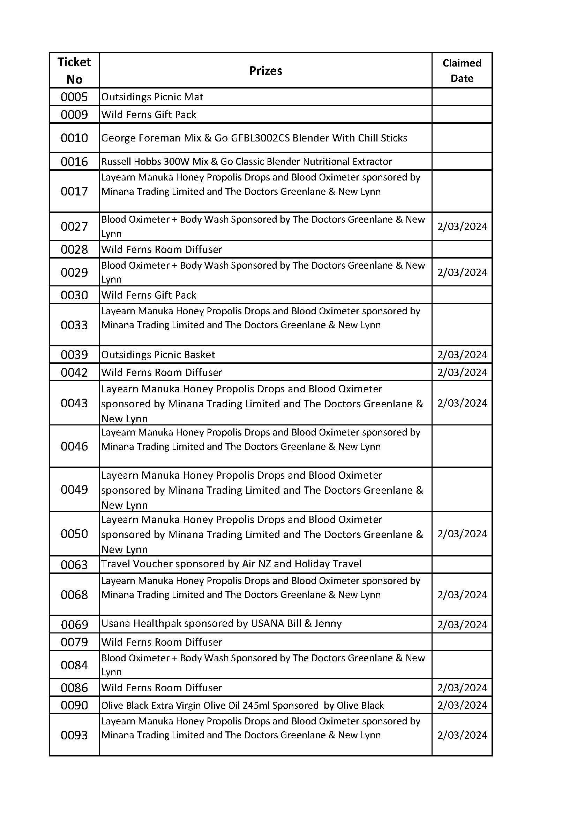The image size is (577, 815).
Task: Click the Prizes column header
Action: pyautogui.click(x=265, y=71)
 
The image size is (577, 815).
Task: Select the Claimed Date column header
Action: pyautogui.click(x=462, y=71)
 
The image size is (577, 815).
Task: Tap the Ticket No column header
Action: pyautogui.click(x=74, y=71)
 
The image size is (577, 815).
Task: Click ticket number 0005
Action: pyautogui.click(x=74, y=97)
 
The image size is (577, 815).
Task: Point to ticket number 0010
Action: pyautogui.click(x=74, y=138)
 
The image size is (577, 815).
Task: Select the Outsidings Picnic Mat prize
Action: pyautogui.click(x=152, y=97)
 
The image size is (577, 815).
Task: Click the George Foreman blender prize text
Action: pyautogui.click(x=254, y=138)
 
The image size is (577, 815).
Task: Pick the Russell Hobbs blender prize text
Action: pyautogui.click(x=247, y=162)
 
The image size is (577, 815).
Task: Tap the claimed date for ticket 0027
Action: pyautogui.click(x=462, y=226)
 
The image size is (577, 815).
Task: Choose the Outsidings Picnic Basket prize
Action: pyautogui.click(x=158, y=355)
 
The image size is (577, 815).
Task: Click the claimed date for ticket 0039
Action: pyautogui.click(x=462, y=355)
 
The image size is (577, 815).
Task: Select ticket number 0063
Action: pyautogui.click(x=74, y=565)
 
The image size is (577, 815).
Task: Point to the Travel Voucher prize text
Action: pyautogui.click(x=231, y=564)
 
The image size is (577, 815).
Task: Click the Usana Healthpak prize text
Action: pyautogui.click(x=222, y=624)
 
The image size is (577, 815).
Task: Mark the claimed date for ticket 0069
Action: pyautogui.click(x=462, y=624)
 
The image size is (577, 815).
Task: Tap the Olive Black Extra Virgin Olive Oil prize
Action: pyautogui.click(x=242, y=705)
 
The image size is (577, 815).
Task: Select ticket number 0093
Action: pyautogui.click(x=74, y=735)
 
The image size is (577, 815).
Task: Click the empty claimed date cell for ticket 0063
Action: pyautogui.click(x=462, y=564)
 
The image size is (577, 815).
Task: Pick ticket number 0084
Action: pyautogui.click(x=74, y=665)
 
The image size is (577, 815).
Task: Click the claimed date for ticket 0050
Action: pyautogui.click(x=462, y=534)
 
